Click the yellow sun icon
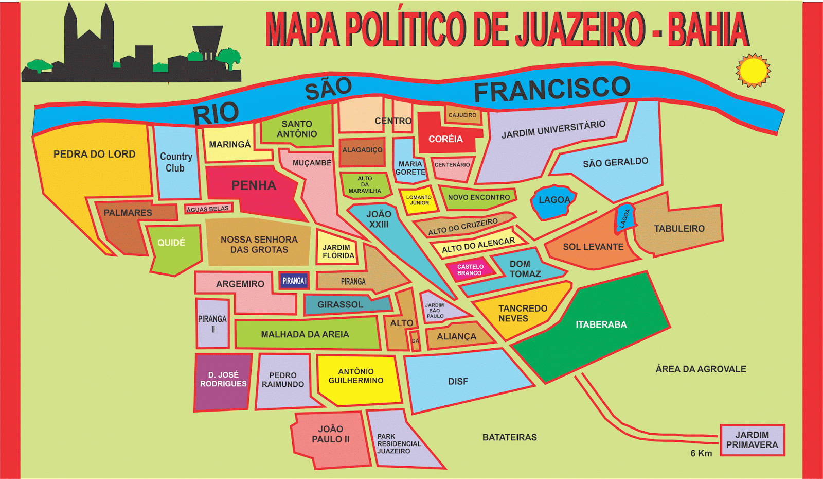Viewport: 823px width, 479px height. click(753, 71)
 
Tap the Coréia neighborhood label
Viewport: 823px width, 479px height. click(445, 139)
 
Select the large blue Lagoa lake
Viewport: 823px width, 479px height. click(554, 200)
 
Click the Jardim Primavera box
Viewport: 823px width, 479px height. click(752, 440)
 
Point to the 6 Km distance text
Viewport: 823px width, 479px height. click(701, 453)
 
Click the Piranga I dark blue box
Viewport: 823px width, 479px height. click(294, 281)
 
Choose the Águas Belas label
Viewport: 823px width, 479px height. click(208, 209)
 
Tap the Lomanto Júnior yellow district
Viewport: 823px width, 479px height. click(419, 200)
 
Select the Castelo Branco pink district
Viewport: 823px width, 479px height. click(470, 270)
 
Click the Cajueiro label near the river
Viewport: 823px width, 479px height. click(462, 115)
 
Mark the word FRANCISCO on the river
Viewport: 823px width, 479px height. click(552, 90)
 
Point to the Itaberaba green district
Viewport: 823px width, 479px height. click(601, 325)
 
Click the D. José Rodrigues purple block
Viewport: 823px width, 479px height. click(223, 380)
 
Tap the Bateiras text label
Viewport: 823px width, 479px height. click(509, 437)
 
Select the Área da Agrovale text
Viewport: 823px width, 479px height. click(701, 369)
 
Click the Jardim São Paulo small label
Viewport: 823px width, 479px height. click(435, 311)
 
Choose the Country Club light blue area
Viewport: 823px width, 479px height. click(176, 162)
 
